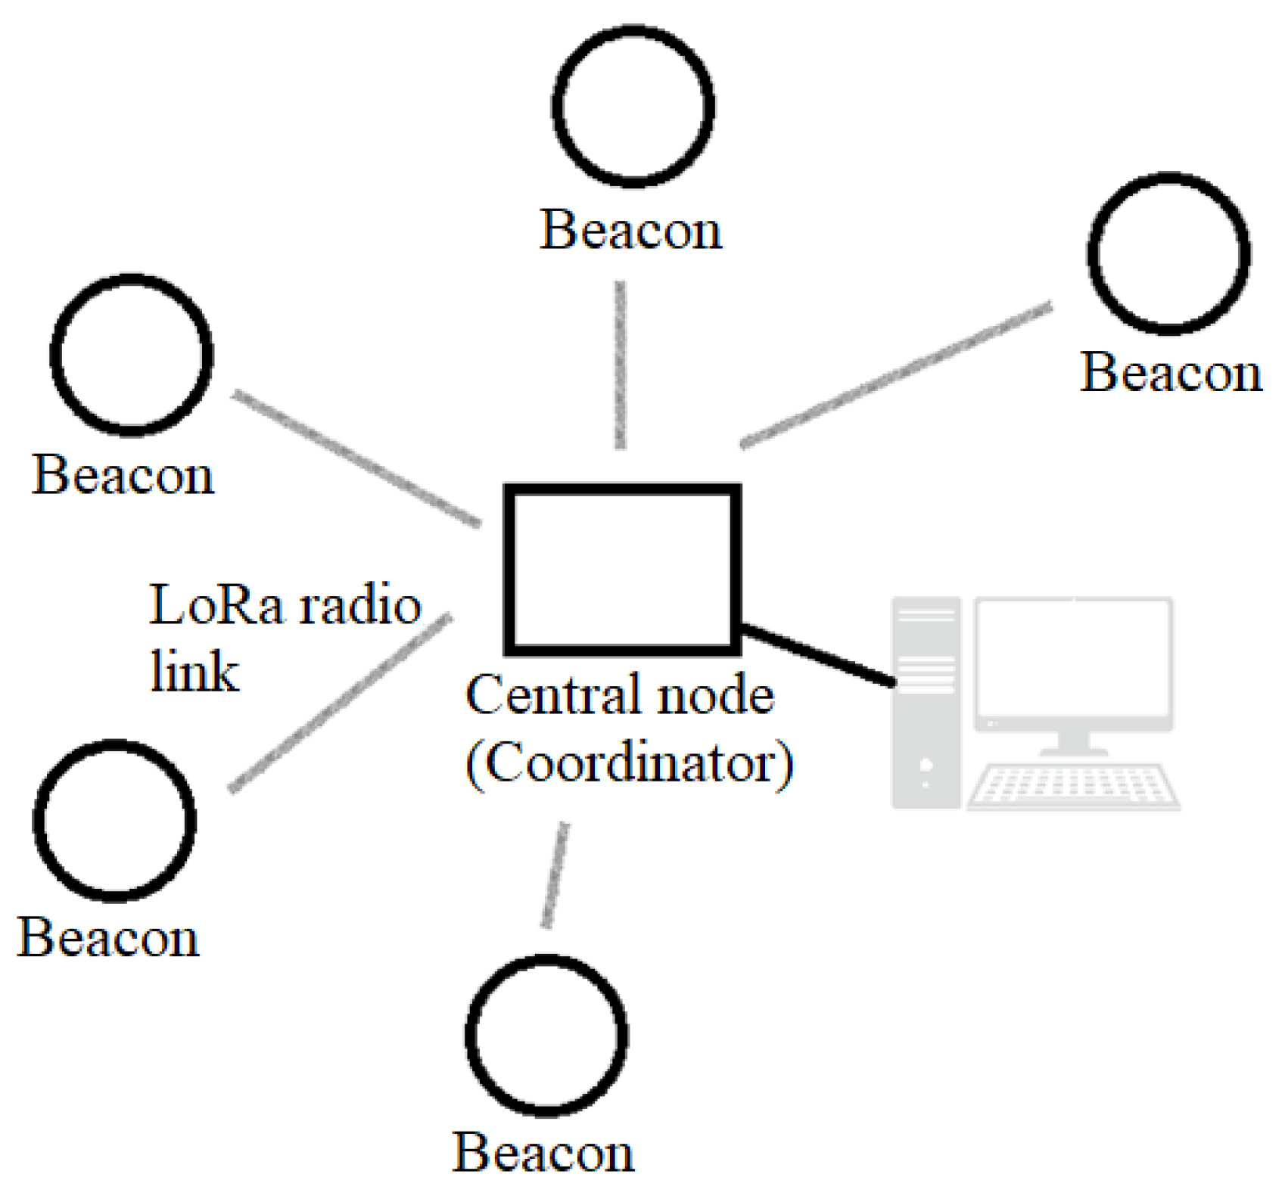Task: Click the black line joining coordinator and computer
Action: pos(817,655)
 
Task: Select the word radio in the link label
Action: pos(359,605)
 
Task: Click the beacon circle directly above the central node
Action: pos(633,106)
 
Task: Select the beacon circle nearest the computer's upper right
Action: pos(1168,253)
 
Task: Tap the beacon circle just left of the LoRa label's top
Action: pos(131,355)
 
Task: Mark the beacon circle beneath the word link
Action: pos(114,820)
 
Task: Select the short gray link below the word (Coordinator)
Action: pos(555,874)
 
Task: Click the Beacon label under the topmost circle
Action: pos(630,230)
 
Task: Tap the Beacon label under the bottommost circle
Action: pos(543,1153)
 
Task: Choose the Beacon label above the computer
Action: pos(1171,373)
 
